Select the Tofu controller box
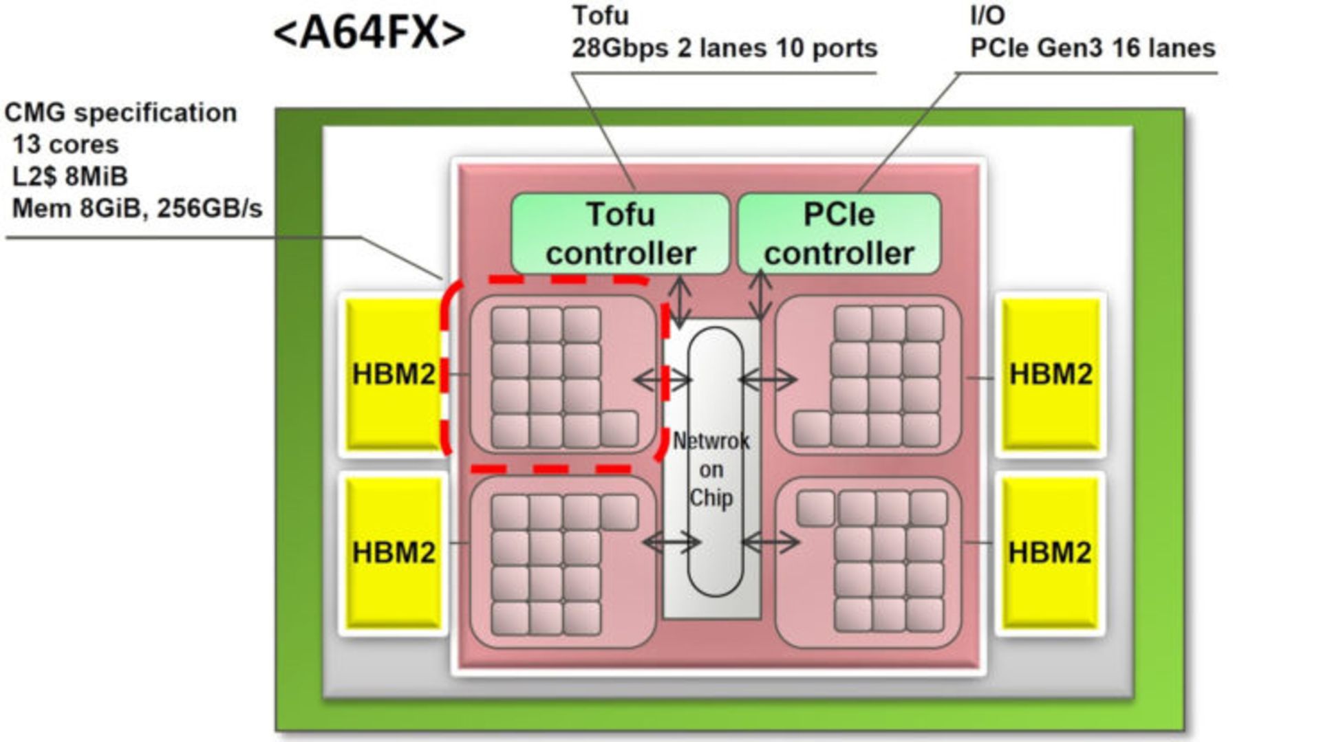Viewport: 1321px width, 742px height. tap(620, 234)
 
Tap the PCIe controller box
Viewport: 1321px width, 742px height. tap(839, 234)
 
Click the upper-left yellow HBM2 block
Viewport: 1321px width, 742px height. tap(393, 375)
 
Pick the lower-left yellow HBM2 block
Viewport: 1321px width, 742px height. tap(393, 552)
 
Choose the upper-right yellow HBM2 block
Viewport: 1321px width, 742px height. tap(1050, 375)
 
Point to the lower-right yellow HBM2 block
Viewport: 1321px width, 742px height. tap(1050, 552)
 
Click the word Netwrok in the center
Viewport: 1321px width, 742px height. tap(711, 441)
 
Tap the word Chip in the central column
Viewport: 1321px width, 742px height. tap(711, 498)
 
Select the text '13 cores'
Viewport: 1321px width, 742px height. tap(65, 144)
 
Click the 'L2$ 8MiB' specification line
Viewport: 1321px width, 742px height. tap(70, 177)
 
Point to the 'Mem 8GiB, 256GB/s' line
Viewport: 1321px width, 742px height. tap(137, 208)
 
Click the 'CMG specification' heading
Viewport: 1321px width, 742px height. tap(120, 113)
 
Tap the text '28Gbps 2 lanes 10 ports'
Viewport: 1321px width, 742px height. tap(724, 48)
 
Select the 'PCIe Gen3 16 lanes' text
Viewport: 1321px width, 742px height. tap(1093, 48)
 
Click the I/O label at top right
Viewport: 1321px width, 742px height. tap(987, 16)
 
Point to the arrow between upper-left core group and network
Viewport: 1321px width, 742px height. tap(662, 379)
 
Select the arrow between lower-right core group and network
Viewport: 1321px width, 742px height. tap(771, 543)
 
